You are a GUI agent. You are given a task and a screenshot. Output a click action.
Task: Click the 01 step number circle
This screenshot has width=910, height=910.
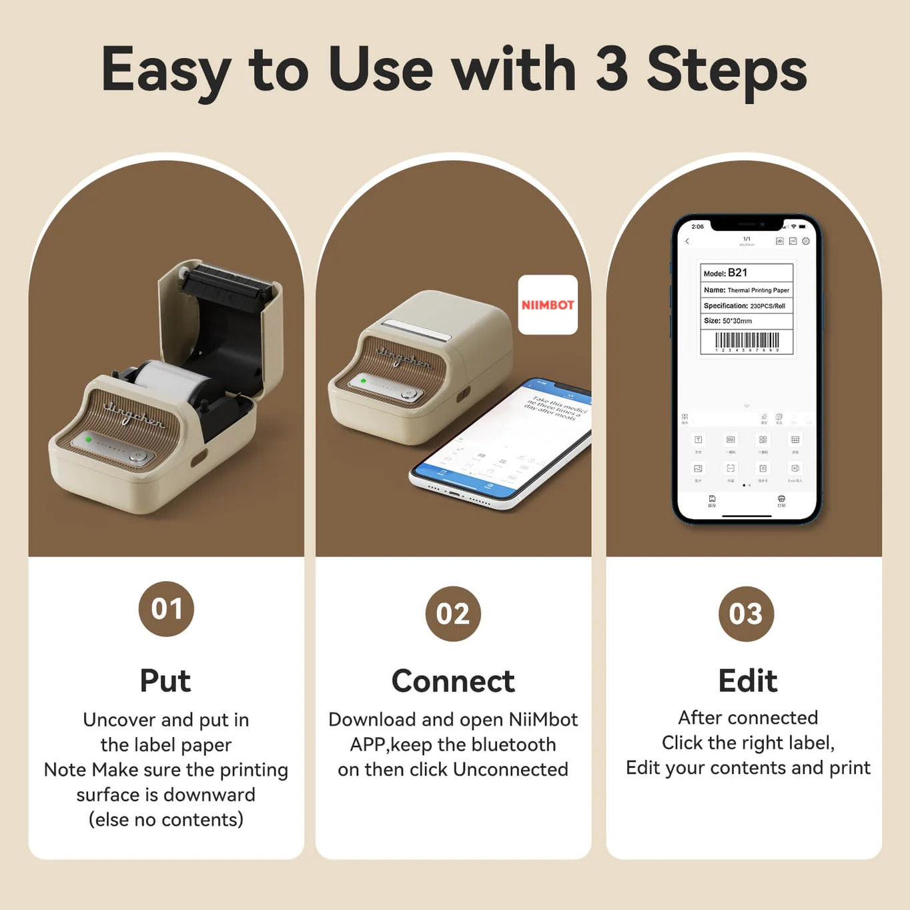166,608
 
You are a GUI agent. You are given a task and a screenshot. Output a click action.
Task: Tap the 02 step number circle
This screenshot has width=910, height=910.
453,613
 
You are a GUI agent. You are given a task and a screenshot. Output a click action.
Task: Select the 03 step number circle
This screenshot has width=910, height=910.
746,613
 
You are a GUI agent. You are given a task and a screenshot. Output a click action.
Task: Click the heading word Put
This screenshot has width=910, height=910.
165,680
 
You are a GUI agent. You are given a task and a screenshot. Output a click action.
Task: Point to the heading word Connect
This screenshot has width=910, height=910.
453,680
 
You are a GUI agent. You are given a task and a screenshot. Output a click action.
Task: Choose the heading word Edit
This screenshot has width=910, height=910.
747,680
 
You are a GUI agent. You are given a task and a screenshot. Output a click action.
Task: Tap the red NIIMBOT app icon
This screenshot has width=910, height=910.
548,305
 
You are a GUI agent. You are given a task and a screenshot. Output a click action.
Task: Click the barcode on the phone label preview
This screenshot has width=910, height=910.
747,341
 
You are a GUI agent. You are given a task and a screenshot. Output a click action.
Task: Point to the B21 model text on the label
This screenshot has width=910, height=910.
737,273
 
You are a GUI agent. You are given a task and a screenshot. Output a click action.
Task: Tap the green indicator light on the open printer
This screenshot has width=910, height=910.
88,440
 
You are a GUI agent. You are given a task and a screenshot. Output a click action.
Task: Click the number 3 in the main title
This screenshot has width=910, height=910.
611,69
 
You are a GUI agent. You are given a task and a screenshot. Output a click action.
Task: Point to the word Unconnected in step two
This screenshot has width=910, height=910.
510,769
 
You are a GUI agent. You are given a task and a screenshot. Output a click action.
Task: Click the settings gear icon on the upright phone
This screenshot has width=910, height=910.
806,241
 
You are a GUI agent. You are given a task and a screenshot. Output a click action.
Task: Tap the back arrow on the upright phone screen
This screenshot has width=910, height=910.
687,241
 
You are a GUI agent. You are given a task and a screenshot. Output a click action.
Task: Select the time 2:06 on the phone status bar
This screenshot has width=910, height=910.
697,227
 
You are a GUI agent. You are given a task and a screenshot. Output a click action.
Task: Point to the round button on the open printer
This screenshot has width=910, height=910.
138,456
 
